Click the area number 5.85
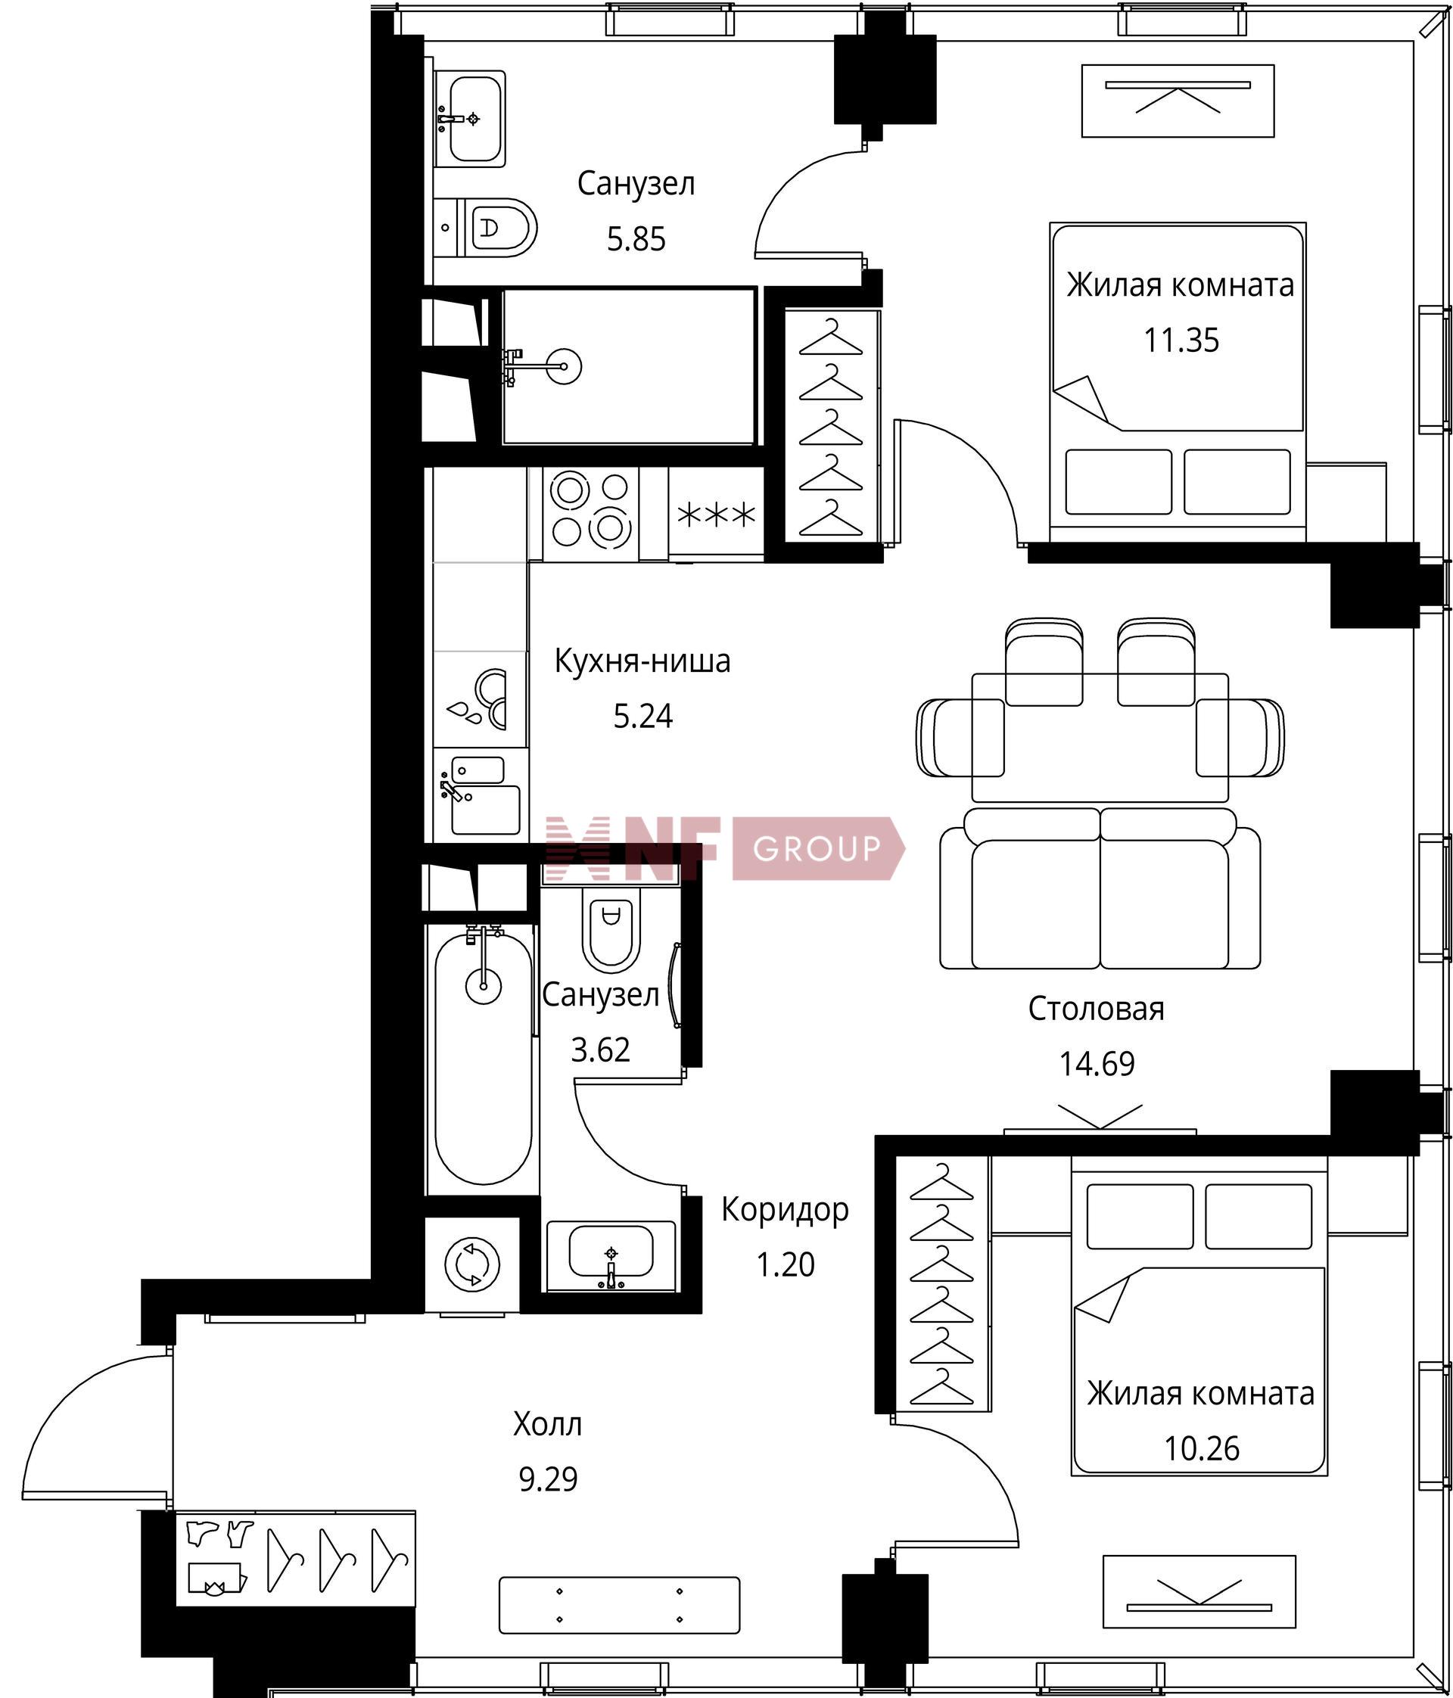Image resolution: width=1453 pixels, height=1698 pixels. coord(636,239)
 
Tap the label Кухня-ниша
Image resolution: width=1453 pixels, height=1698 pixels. coord(642,661)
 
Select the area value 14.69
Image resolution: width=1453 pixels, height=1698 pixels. coord(1097,1064)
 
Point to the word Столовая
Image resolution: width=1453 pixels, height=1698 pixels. coord(1097,1009)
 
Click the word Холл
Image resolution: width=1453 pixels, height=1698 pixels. coord(547,1424)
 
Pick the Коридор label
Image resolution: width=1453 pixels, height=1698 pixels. coord(785,1210)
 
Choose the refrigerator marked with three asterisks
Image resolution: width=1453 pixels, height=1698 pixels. coord(716,515)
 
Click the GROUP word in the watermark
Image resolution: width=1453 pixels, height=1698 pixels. coord(817,849)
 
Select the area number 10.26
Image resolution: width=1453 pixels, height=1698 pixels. coord(1202,1448)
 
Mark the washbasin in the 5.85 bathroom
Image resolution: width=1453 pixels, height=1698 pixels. coord(468,118)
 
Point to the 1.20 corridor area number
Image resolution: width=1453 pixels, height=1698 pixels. coord(785,1264)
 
